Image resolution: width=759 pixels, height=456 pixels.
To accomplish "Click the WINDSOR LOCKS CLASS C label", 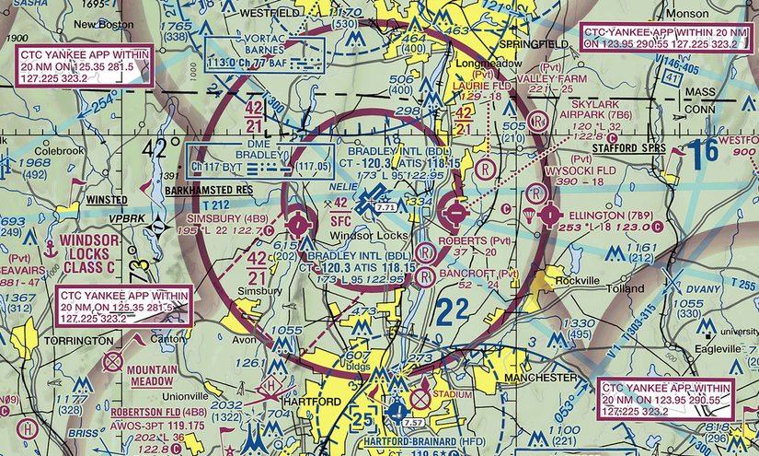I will tap(88, 254).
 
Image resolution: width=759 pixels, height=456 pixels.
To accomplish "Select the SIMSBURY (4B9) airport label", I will tap(228, 219).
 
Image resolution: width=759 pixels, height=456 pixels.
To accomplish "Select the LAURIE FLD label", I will tap(481, 86).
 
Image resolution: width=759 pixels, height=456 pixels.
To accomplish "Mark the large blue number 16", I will tap(706, 152).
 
